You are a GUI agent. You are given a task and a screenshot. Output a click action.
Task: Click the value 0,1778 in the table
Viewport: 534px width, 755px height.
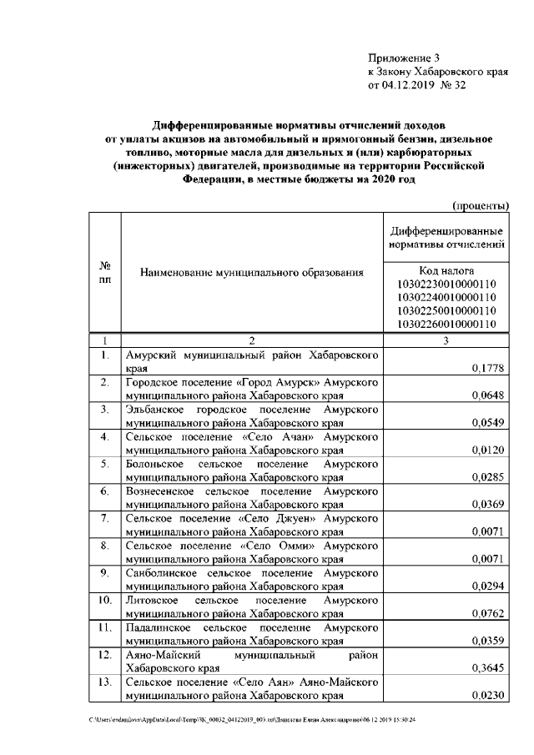487,368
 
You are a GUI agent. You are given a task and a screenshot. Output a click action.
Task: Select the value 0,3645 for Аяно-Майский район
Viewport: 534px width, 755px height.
487,667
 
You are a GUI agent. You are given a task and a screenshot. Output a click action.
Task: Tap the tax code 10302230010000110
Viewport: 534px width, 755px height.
446,284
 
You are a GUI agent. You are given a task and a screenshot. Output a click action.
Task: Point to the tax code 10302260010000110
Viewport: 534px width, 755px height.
446,324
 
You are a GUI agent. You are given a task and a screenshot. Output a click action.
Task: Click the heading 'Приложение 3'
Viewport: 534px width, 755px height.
403,58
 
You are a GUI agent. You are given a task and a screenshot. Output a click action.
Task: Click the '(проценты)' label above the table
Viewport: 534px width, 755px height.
480,205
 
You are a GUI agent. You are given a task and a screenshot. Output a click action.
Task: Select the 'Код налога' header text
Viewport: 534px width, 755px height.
446,270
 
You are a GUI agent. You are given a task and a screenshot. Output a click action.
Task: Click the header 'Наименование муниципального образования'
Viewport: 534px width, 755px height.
252,272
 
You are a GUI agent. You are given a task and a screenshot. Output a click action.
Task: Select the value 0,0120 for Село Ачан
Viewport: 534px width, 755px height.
487,450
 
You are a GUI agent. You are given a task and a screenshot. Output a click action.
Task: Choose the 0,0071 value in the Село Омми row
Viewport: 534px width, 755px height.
487,559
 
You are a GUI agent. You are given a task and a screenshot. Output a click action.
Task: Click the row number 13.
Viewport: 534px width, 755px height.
105,682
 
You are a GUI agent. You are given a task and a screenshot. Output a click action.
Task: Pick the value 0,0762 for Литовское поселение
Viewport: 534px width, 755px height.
487,613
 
